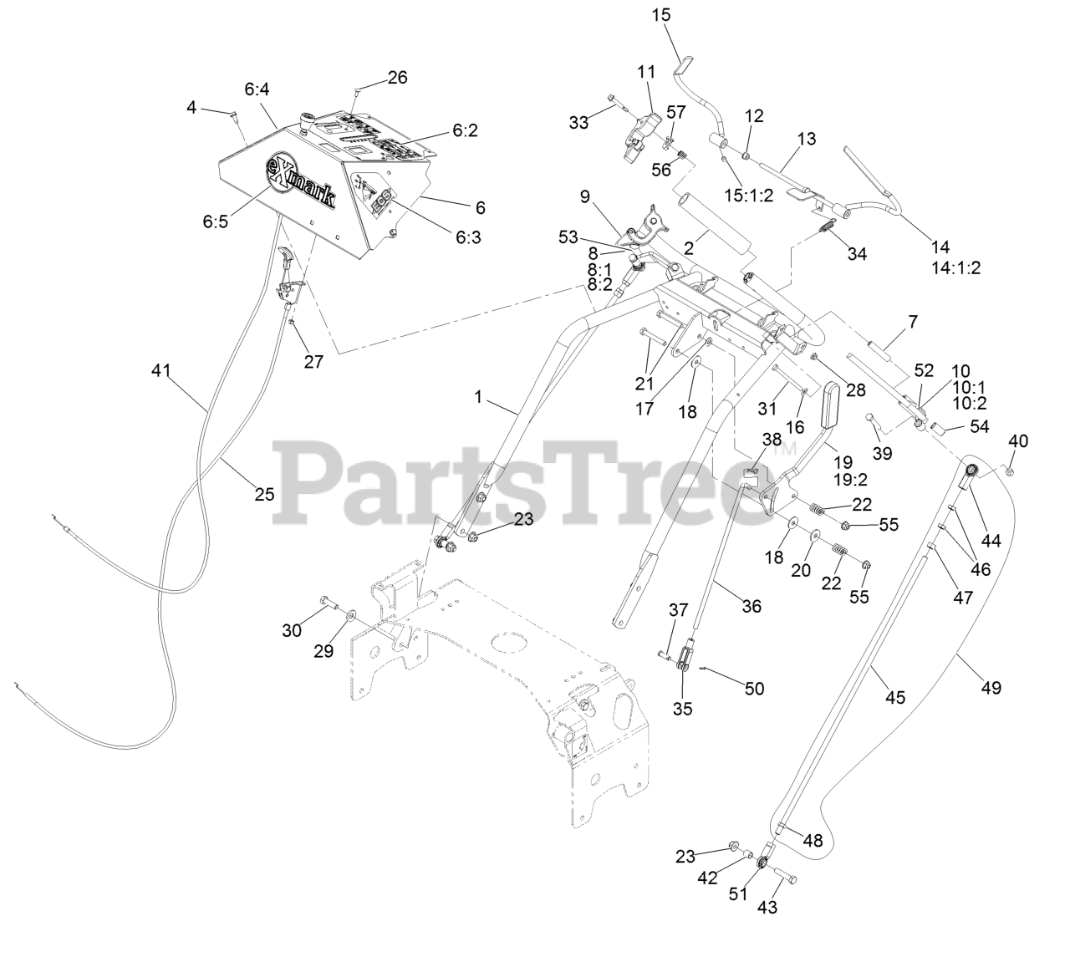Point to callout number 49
(x=991, y=688)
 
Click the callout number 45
(x=894, y=697)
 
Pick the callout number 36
(x=752, y=606)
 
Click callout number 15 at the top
(x=661, y=15)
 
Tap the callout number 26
(x=397, y=78)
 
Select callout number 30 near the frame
(x=291, y=631)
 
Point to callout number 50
(x=754, y=688)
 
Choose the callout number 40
(x=1018, y=440)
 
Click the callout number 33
(x=579, y=122)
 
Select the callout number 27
(x=313, y=361)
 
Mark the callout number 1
(x=478, y=397)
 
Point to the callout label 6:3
(x=468, y=237)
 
